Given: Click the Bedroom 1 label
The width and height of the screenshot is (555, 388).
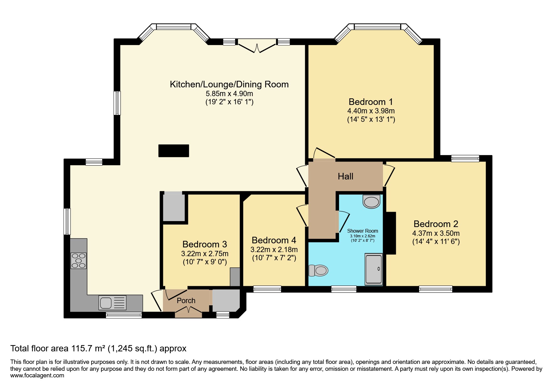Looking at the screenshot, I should (370, 102).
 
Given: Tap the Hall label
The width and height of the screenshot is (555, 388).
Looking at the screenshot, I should (345, 176).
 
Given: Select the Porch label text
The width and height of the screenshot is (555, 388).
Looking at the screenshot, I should (186, 301).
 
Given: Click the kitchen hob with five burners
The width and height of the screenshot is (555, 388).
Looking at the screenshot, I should (78, 261).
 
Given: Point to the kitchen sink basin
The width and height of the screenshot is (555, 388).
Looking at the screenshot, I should (106, 303).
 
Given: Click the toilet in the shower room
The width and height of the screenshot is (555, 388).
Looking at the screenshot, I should (319, 270).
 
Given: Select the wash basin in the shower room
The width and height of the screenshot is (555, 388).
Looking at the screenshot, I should (371, 202).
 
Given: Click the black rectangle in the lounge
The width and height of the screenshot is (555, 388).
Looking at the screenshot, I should (174, 151).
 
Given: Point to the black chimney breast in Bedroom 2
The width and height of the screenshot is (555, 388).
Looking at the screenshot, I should (391, 233).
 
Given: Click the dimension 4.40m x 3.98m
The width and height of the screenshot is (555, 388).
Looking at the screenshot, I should (371, 111).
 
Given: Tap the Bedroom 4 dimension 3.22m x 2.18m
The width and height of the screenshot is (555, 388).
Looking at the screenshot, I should (274, 250).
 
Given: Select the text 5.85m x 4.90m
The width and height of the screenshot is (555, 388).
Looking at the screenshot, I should (229, 94).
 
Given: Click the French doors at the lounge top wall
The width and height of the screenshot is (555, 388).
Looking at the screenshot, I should (257, 46).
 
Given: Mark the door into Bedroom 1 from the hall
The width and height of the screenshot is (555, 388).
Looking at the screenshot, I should (324, 154).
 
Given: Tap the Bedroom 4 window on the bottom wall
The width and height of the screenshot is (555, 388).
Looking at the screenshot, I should (267, 289).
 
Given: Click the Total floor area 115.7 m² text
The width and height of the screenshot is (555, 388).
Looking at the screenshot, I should (98, 349).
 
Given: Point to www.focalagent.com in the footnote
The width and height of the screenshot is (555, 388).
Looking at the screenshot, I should (37, 375).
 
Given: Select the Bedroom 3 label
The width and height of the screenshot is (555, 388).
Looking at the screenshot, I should (205, 244).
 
